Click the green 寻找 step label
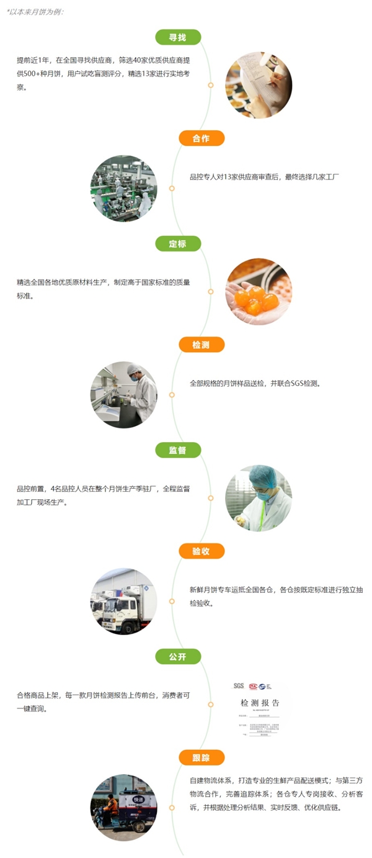[178, 37]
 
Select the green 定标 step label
[178, 243]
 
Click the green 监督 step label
[178, 449]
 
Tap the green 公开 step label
[178, 656]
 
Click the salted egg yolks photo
[259, 291]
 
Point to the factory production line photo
[124, 188]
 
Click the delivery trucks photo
[124, 601]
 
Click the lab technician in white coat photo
[124, 395]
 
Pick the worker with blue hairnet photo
[259, 498]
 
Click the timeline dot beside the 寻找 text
[211, 85]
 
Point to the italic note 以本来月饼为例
[35, 12]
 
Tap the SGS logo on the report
[239, 686]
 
